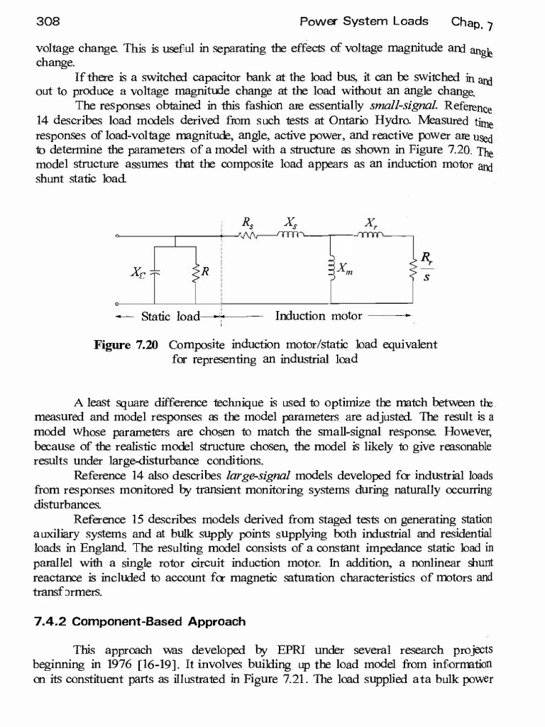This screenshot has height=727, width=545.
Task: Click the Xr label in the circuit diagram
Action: tap(370, 222)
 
